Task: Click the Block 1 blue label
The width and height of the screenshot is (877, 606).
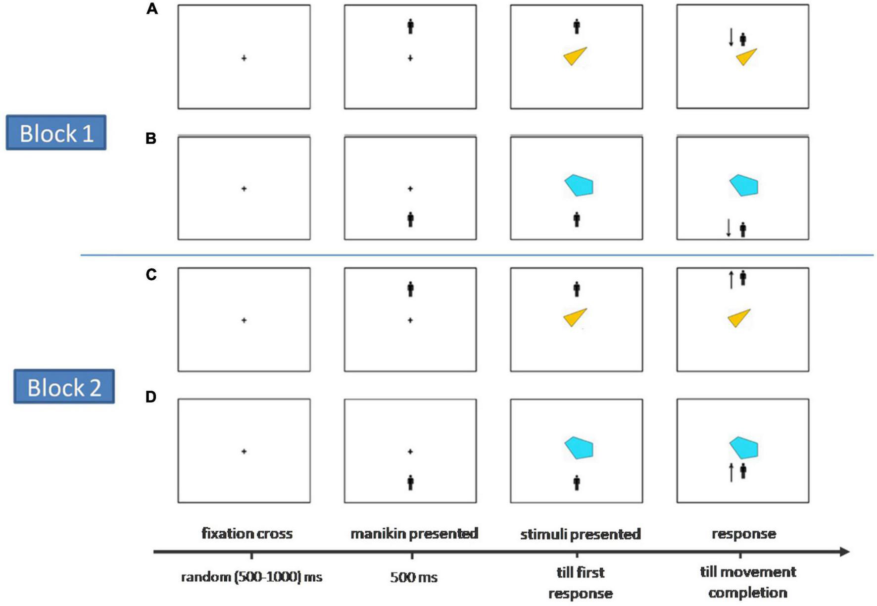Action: [56, 133]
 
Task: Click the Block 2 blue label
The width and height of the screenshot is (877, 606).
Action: [64, 387]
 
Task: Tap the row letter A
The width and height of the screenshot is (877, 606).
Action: [152, 9]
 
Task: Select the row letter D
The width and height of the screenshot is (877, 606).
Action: [151, 397]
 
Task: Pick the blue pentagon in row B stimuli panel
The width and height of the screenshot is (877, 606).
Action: [579, 186]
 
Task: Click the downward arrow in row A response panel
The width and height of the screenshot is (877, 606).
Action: [731, 37]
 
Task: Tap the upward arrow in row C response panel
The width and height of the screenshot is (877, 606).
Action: [731, 280]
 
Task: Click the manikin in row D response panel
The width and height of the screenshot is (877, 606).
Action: [743, 471]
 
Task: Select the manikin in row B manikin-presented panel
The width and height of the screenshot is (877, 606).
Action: [410, 219]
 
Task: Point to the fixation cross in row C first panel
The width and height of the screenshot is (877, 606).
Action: [244, 320]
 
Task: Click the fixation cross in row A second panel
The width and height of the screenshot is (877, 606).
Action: [410, 58]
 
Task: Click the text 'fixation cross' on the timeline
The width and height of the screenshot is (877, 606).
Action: [247, 534]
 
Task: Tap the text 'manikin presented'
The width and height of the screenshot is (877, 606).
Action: [414, 534]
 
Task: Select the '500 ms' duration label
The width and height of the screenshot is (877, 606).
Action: [414, 577]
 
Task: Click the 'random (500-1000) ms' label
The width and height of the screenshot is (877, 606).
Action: [251, 577]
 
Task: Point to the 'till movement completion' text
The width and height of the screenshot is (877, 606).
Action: [748, 582]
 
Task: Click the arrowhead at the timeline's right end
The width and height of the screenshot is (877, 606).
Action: [844, 552]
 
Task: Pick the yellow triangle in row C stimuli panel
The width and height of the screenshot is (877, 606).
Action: [575, 317]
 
